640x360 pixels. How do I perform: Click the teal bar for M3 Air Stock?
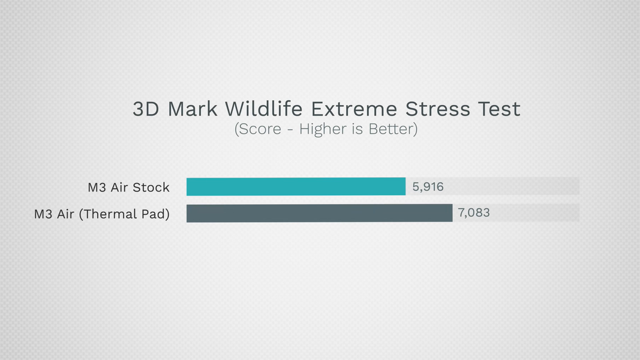[296, 187]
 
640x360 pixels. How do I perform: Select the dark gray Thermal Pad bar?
[320, 213]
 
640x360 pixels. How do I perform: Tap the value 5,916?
[428, 187]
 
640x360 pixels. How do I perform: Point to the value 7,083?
[473, 212]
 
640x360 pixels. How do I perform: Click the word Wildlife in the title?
[264, 109]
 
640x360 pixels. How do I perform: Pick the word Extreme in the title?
[354, 109]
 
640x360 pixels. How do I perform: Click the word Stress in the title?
[437, 109]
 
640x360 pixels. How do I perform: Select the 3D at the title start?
[146, 109]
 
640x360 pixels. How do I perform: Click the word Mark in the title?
[193, 109]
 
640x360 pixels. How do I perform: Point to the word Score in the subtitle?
[260, 129]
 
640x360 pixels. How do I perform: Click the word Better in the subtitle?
[391, 129]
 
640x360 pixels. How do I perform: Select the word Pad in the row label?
[154, 214]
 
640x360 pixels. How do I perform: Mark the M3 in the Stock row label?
[97, 187]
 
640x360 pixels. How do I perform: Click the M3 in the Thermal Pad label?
[43, 214]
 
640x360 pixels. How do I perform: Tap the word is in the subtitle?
[357, 129]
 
